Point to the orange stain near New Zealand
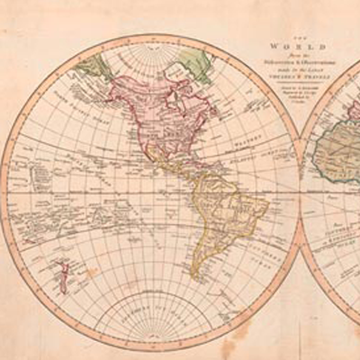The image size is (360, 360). (x=90, y=270)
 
